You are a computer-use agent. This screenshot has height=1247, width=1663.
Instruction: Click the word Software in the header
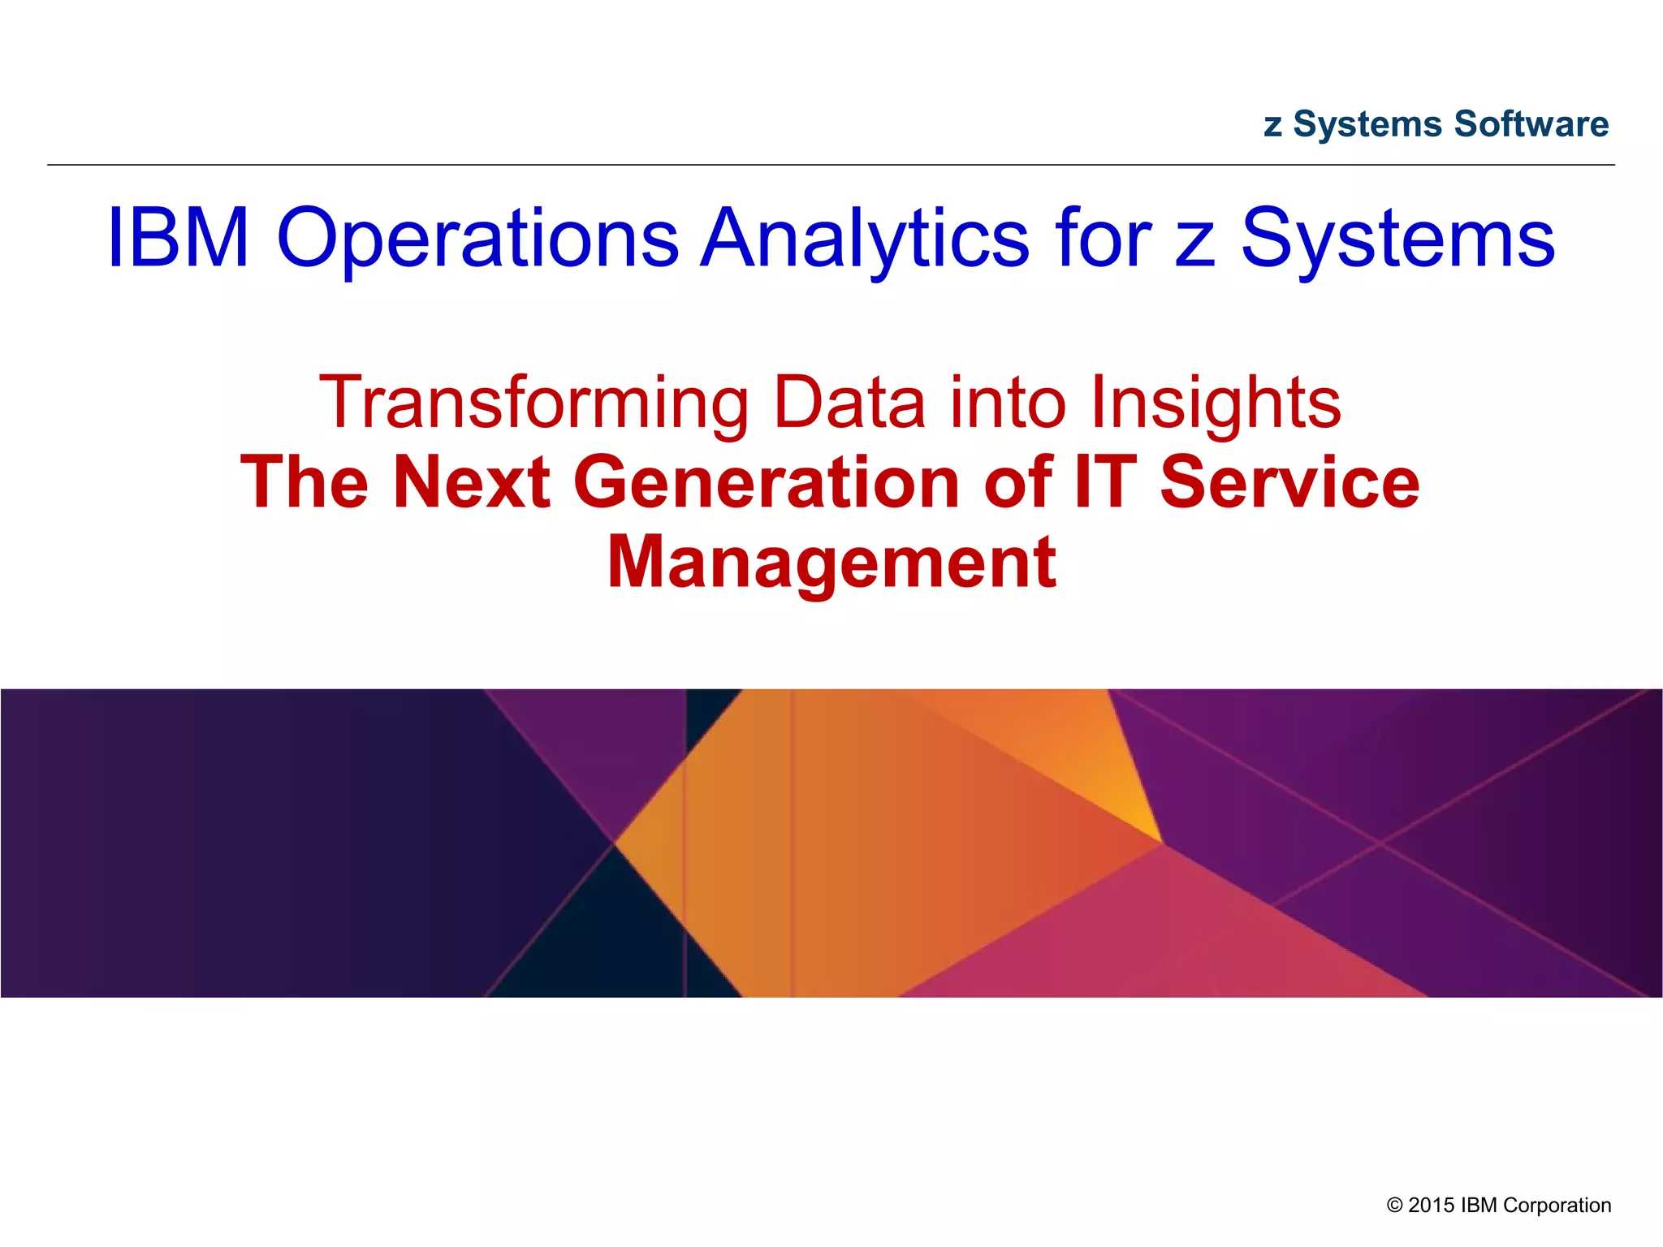1531,124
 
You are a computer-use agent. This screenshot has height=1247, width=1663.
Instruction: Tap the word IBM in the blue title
178,238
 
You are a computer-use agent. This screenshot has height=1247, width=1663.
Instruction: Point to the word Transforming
533,403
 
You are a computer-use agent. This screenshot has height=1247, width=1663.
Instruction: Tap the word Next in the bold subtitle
472,482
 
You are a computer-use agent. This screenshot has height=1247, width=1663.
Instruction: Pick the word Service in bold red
1290,482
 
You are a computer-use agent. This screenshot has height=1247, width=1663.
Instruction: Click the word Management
831,563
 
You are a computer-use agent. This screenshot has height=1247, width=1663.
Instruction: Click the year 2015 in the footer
1432,1205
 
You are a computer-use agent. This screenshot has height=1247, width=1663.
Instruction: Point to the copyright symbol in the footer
1395,1206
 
